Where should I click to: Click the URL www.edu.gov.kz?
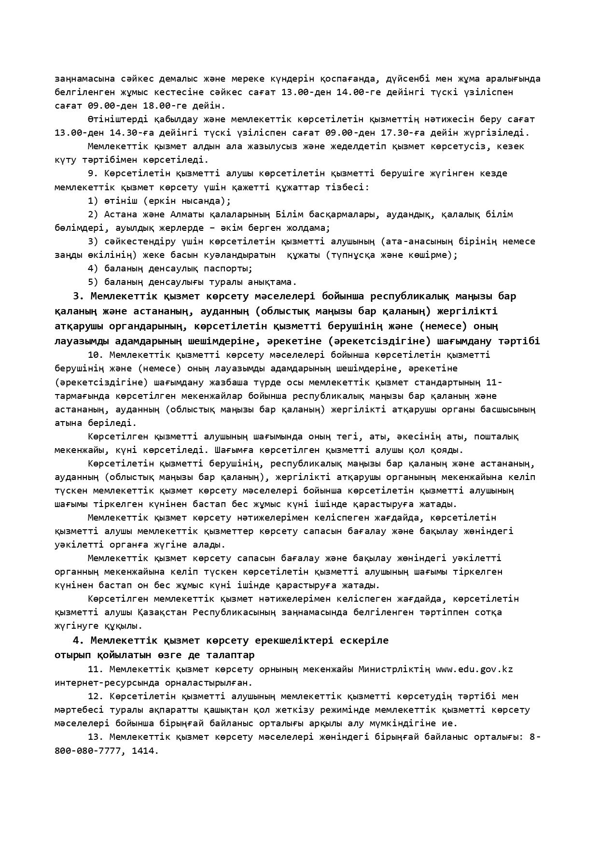pos(474,669)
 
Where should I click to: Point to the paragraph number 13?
pos(96,737)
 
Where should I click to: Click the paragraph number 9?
pos(93,173)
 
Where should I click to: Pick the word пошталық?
pos(496,437)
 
